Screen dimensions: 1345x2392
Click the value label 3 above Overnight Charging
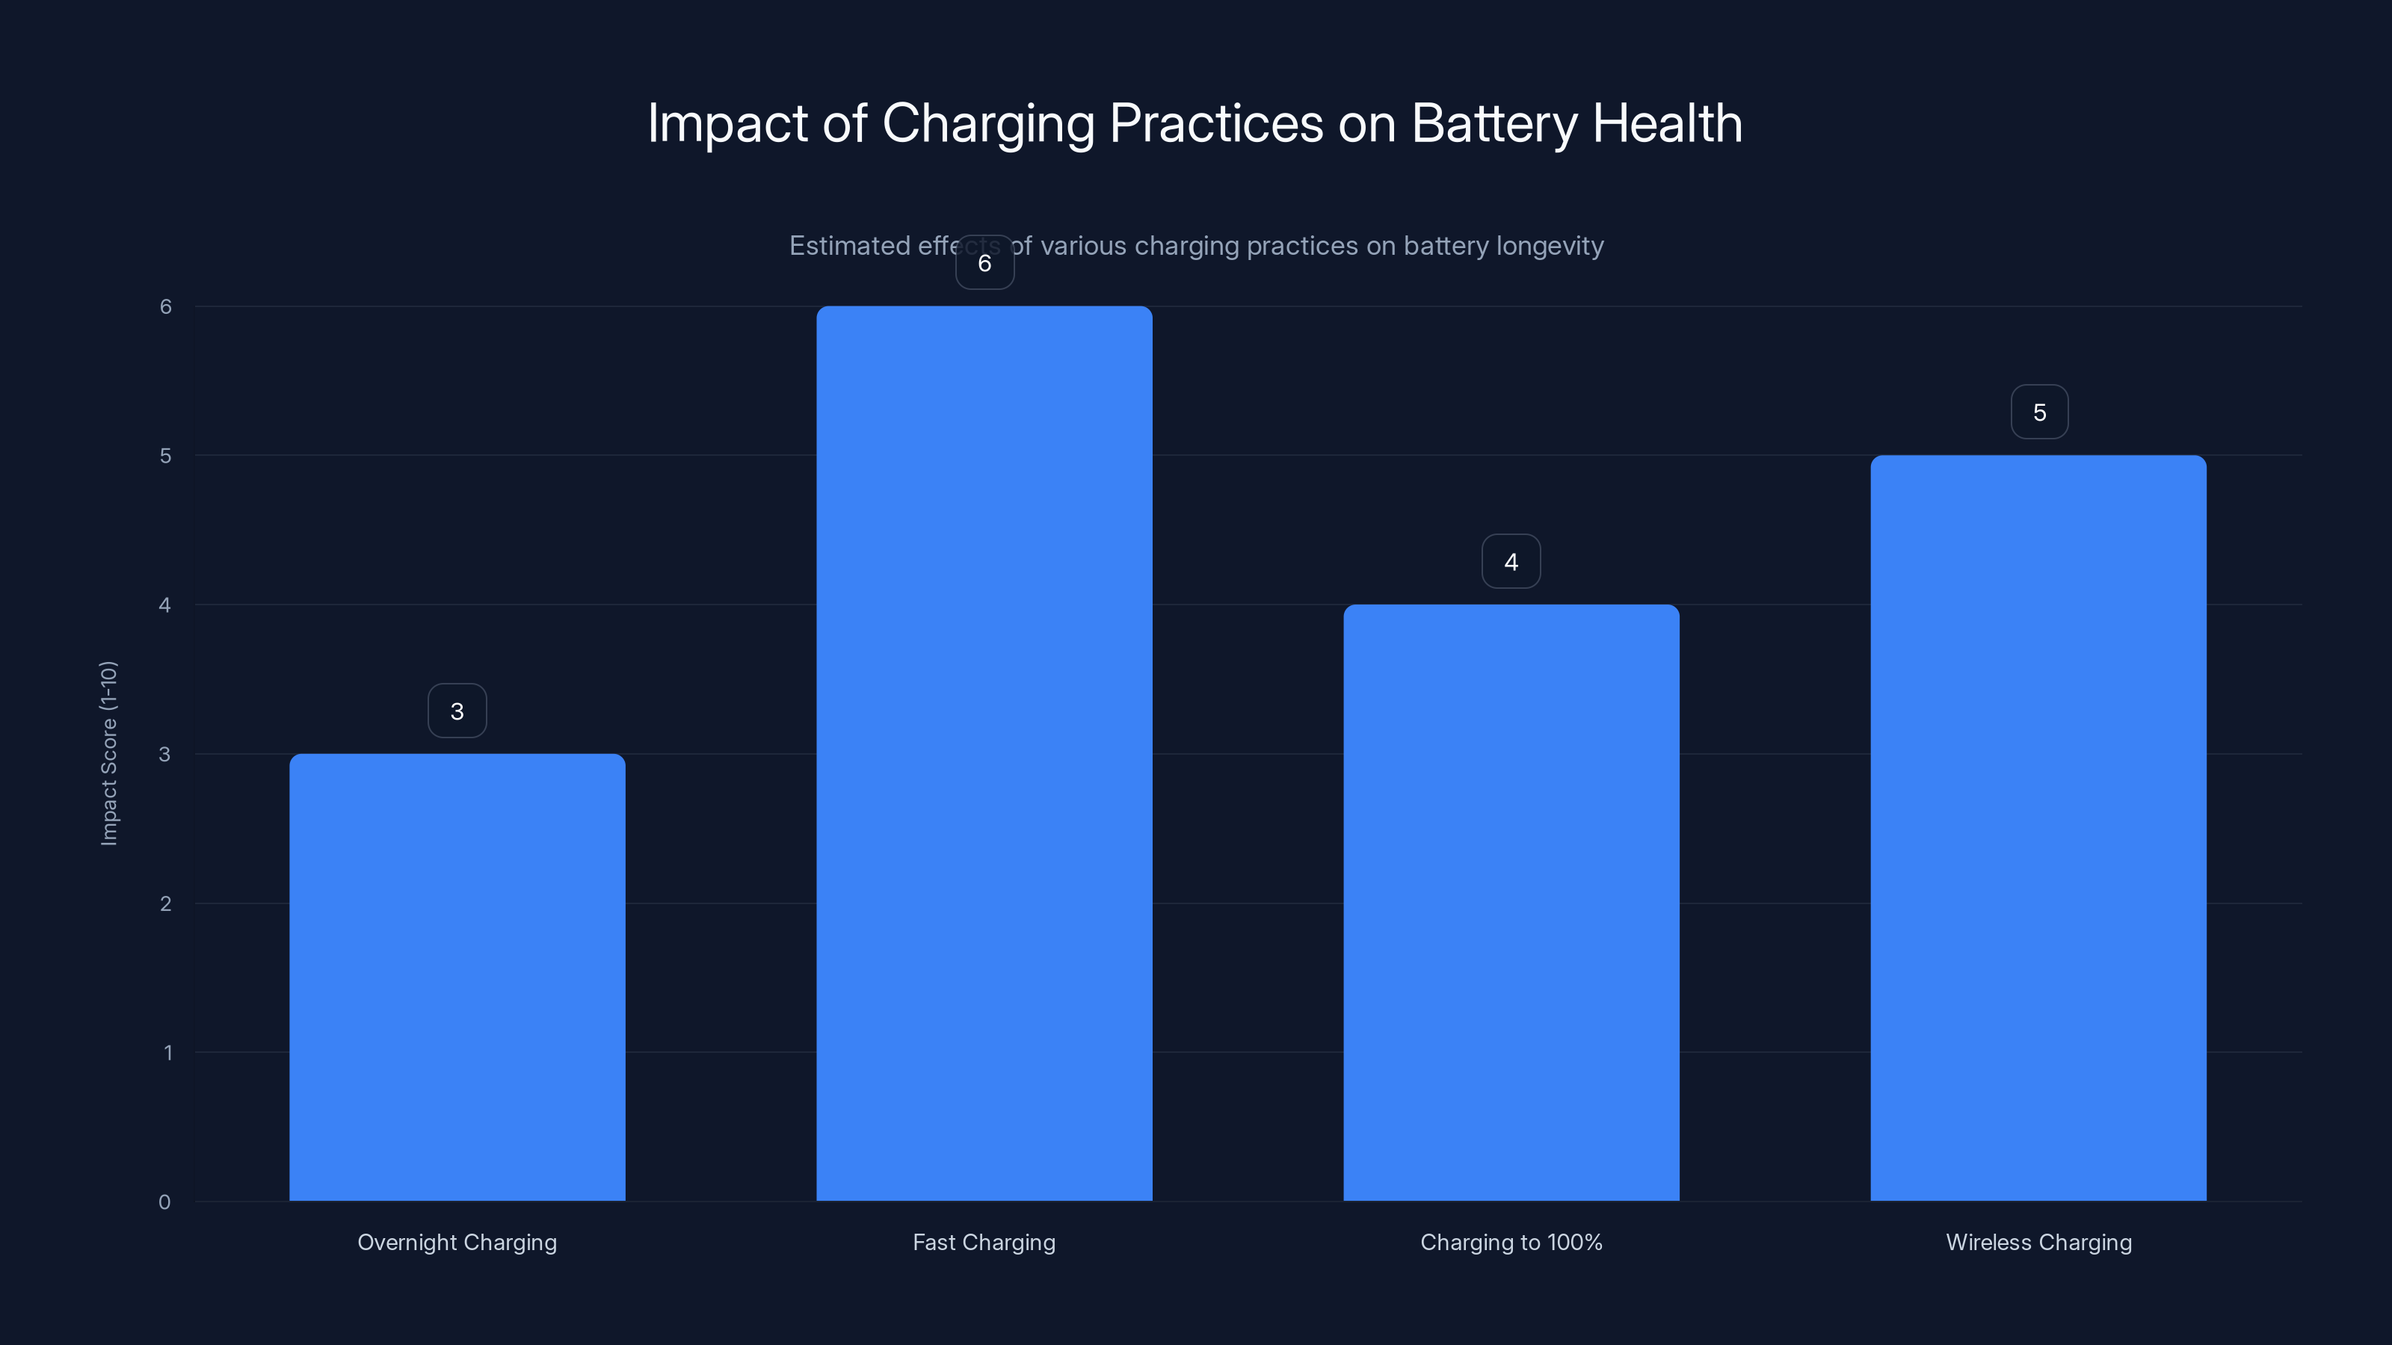point(457,711)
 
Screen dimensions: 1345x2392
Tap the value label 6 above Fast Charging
point(984,263)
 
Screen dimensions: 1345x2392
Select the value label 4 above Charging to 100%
point(1511,562)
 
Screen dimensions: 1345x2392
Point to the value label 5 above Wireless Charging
point(2039,412)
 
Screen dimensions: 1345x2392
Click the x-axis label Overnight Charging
point(457,1242)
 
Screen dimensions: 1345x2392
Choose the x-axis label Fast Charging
point(984,1242)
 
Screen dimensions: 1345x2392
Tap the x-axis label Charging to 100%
point(1511,1242)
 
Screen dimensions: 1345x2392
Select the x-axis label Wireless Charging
point(2038,1242)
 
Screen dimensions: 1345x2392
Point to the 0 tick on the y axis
point(164,1202)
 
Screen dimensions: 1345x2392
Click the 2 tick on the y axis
point(165,903)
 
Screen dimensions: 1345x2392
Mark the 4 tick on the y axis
point(165,605)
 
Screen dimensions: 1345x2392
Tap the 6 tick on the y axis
point(165,306)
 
